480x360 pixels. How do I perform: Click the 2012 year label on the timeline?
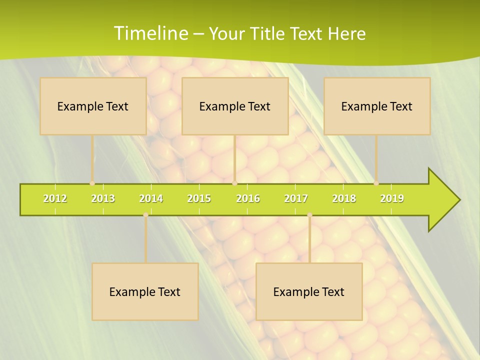pyautogui.click(x=55, y=198)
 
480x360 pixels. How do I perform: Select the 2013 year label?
pyautogui.click(x=103, y=198)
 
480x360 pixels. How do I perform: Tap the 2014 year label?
pyautogui.click(x=151, y=198)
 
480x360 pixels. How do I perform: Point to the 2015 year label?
pyautogui.click(x=199, y=198)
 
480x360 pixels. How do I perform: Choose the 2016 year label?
pyautogui.click(x=248, y=198)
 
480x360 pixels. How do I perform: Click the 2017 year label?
pyautogui.click(x=296, y=198)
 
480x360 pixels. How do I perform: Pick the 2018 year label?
pyautogui.click(x=344, y=198)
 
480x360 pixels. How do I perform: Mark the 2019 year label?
pyautogui.click(x=392, y=198)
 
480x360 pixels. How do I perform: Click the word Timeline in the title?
pyautogui.click(x=150, y=33)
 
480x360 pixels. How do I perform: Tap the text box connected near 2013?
pyautogui.click(x=93, y=106)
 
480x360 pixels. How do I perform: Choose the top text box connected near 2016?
pyautogui.click(x=235, y=106)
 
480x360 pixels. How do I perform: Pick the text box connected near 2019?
pyautogui.click(x=377, y=106)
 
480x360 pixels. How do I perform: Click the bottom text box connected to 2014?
pyautogui.click(x=145, y=291)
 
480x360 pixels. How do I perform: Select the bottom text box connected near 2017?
pyautogui.click(x=309, y=291)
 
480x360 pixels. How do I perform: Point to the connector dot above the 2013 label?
pyautogui.click(x=92, y=183)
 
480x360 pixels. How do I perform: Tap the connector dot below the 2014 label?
pyautogui.click(x=145, y=215)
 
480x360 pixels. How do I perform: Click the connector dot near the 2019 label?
pyautogui.click(x=376, y=183)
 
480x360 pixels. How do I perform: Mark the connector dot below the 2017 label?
pyautogui.click(x=309, y=215)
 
